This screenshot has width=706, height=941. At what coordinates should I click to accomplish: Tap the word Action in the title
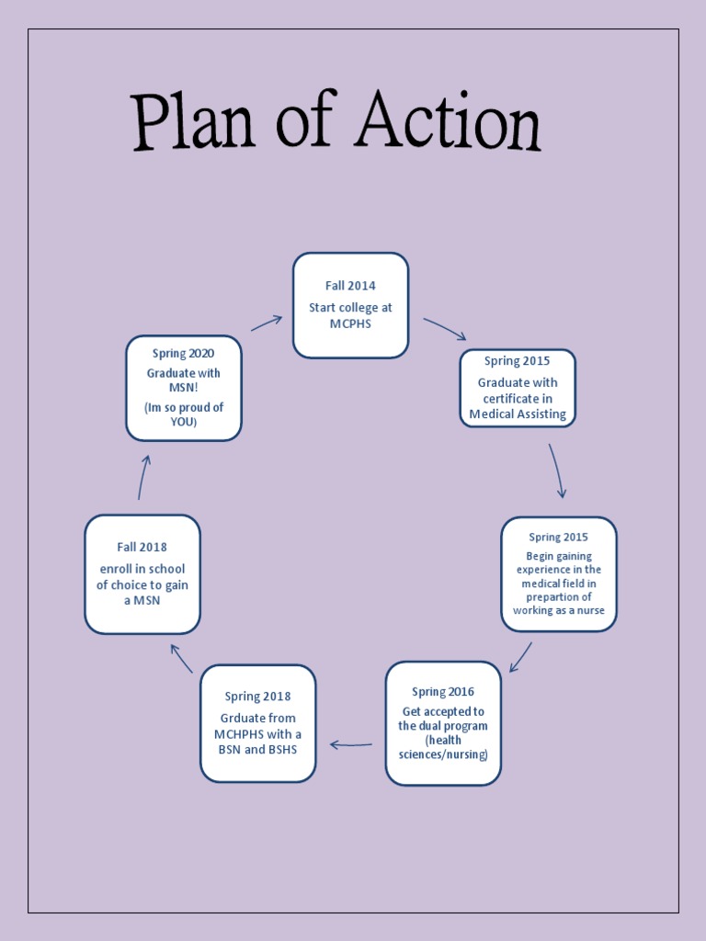tap(448, 122)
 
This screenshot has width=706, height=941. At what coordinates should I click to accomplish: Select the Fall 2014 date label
tap(350, 286)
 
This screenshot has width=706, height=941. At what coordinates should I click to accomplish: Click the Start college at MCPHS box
tap(350, 305)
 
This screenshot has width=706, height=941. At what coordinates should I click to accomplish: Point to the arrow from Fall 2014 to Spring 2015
tap(445, 329)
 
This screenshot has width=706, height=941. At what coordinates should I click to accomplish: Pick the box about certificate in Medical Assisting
tap(518, 388)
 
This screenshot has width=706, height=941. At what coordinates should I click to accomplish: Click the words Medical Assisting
tap(518, 414)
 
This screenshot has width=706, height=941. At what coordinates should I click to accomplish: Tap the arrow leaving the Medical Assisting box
tap(557, 470)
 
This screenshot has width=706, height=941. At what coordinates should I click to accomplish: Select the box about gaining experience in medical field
tap(558, 574)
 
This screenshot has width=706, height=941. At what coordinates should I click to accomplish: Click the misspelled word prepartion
tap(558, 596)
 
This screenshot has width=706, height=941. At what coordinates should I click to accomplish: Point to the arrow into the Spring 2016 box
tap(520, 657)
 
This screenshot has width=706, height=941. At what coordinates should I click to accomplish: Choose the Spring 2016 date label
tap(443, 692)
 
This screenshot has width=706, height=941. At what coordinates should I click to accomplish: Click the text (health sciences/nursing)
tap(443, 747)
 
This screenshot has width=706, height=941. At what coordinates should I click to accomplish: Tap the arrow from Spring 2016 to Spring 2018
tap(351, 744)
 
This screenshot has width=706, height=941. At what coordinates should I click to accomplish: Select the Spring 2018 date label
tap(258, 697)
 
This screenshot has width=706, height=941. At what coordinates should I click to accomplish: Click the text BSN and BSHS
tap(258, 749)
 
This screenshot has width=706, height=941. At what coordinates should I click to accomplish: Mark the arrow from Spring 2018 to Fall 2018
tap(181, 658)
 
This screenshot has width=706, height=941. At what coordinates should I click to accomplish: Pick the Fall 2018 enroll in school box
tap(142, 574)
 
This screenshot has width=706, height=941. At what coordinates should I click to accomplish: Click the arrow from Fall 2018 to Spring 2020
tap(142, 477)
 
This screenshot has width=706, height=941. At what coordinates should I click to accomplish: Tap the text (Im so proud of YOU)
tap(184, 414)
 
